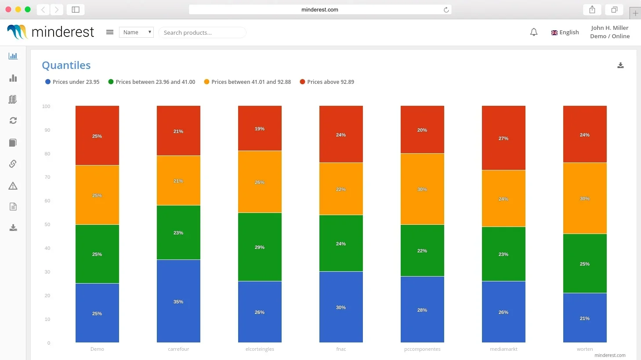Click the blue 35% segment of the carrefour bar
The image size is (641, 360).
click(178, 301)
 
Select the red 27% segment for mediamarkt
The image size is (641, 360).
click(503, 138)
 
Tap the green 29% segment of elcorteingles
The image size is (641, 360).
click(260, 247)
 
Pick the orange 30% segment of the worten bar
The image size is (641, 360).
click(585, 198)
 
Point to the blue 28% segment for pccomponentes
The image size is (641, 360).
click(422, 310)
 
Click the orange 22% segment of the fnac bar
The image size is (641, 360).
click(341, 189)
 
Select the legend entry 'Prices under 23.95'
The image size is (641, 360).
click(72, 82)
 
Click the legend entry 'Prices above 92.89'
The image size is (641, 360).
click(327, 82)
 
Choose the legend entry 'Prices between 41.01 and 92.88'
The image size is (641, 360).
click(248, 82)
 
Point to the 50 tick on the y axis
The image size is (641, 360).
click(47, 225)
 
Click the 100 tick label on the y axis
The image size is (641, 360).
click(46, 107)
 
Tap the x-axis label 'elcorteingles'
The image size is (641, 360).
click(260, 349)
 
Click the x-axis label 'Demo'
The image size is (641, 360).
click(97, 349)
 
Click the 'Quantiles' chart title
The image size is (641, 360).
click(66, 65)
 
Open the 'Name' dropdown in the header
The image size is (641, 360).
click(136, 32)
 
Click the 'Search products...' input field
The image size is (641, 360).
click(202, 32)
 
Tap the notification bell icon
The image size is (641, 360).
click(534, 32)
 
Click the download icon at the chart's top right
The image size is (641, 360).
click(620, 65)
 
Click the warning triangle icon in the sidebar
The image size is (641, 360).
click(13, 186)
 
